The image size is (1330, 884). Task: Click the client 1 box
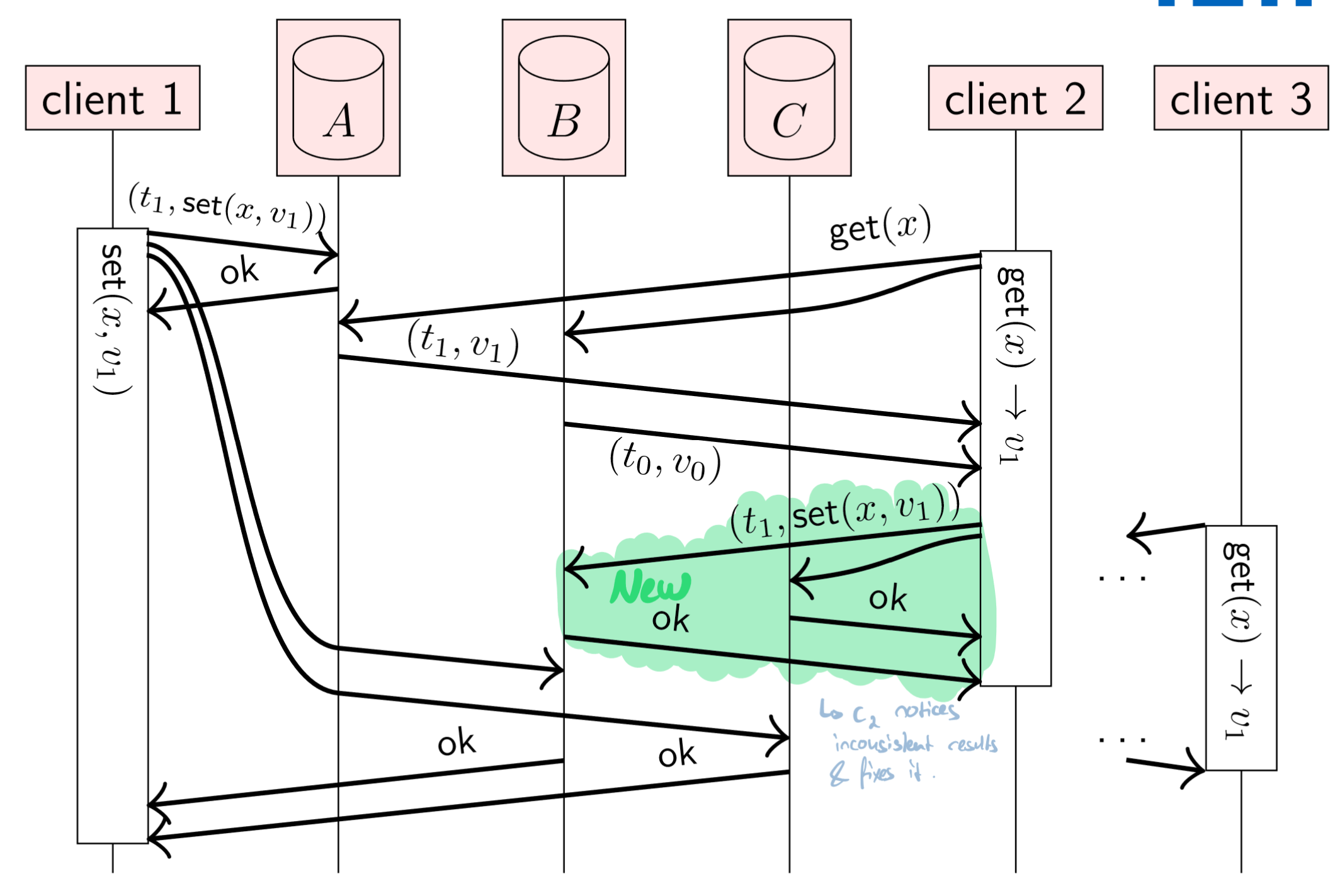113,98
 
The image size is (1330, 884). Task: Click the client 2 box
1015,98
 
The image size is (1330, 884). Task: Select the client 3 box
1241,98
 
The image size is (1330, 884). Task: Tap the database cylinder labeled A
338,98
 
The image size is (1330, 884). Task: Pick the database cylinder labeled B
564,98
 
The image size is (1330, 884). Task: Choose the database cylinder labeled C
789,98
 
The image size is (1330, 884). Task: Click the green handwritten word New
651,587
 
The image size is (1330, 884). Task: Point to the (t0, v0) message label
665,461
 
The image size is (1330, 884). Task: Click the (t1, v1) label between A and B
463,343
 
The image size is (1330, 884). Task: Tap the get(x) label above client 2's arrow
880,227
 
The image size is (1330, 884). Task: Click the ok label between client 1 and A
239,271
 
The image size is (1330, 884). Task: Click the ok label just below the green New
670,620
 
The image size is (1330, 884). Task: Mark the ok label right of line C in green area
887,598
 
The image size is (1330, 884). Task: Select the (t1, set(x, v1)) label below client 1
227,207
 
